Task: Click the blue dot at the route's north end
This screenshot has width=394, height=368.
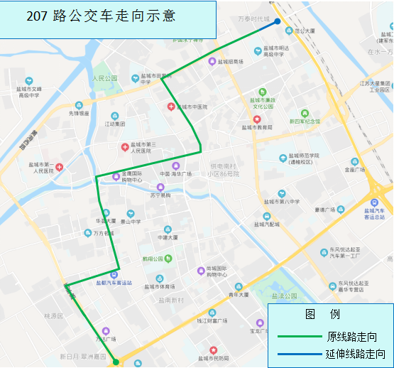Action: pyautogui.click(x=278, y=21)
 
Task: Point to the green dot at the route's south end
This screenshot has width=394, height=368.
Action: pyautogui.click(x=115, y=362)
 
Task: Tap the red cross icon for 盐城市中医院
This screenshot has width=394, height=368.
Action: pyautogui.click(x=170, y=107)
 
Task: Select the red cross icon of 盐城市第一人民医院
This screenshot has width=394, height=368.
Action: pyautogui.click(x=60, y=167)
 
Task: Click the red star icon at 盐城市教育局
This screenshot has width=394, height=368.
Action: pyautogui.click(x=257, y=119)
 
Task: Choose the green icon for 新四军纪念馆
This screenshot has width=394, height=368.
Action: pyautogui.click(x=305, y=112)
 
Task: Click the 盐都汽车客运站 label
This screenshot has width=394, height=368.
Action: pyautogui.click(x=114, y=283)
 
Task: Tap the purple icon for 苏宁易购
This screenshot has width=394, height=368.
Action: pyautogui.click(x=160, y=188)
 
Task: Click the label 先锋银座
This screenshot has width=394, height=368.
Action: pyautogui.click(x=79, y=112)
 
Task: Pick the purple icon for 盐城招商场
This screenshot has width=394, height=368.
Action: pyautogui.click(x=212, y=61)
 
